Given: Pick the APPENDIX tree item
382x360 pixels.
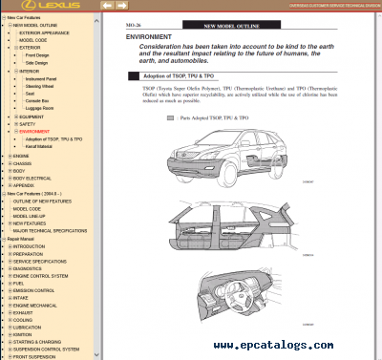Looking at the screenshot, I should pos(25,185).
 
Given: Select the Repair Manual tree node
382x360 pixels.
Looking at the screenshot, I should pos(24,238).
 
